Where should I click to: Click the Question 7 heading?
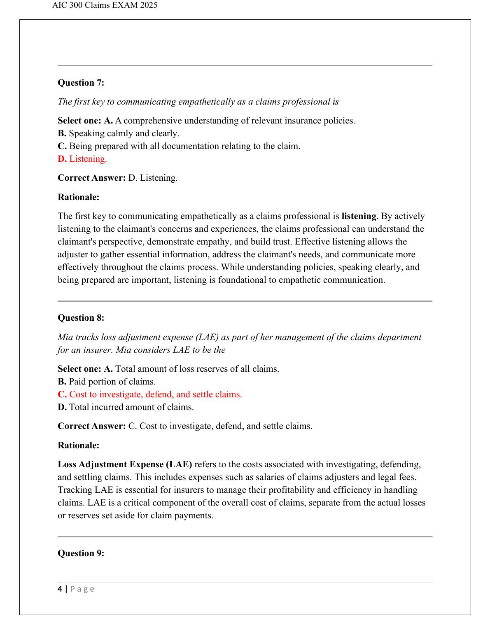pyautogui.click(x=81, y=83)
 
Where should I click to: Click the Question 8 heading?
pyautogui.click(x=81, y=318)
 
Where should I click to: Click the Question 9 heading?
pyautogui.click(x=81, y=553)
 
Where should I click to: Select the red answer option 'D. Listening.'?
pyautogui.click(x=82, y=159)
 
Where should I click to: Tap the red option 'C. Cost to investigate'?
pyautogui.click(x=150, y=394)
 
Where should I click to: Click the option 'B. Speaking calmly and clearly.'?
pyautogui.click(x=119, y=133)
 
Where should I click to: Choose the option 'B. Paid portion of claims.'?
pyautogui.click(x=107, y=382)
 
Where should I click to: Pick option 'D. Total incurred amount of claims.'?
pyautogui.click(x=126, y=407)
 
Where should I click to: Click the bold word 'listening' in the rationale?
pyautogui.click(x=359, y=216)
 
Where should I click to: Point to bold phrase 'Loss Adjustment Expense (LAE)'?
pyautogui.click(x=125, y=464)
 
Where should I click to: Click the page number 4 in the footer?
pyautogui.click(x=60, y=589)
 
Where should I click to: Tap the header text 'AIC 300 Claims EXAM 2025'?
pyautogui.click(x=105, y=5)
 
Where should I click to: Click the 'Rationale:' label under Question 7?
pyautogui.click(x=78, y=197)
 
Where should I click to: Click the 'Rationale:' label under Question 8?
pyautogui.click(x=78, y=445)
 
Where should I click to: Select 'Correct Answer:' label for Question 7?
pyautogui.click(x=91, y=178)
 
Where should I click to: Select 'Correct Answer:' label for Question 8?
pyautogui.click(x=91, y=426)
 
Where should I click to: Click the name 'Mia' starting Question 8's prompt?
pyautogui.click(x=65, y=337)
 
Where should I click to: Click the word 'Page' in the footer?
pyautogui.click(x=82, y=589)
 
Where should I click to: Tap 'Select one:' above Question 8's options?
pyautogui.click(x=79, y=369)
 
